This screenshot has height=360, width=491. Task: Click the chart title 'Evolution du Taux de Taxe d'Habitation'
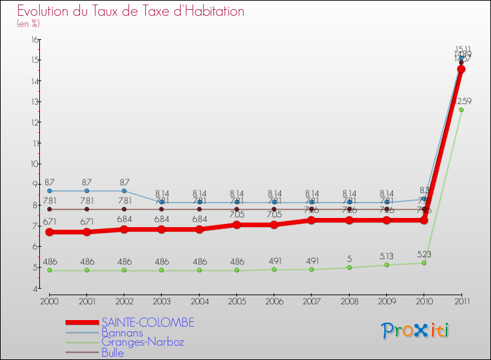click(131, 12)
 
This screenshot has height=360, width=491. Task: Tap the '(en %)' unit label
click(28, 24)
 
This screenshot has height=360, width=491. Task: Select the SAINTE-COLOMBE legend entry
click(147, 323)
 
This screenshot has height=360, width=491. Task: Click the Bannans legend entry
click(122, 333)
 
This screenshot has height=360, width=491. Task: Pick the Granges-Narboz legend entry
click(143, 342)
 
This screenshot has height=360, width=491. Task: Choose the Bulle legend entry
click(112, 353)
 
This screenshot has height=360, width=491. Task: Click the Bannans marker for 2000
click(49, 190)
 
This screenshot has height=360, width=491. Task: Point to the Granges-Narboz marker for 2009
click(386, 264)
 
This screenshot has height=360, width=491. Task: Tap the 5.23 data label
click(424, 254)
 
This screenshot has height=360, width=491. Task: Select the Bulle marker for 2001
click(86, 209)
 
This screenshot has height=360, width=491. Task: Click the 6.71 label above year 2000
click(50, 223)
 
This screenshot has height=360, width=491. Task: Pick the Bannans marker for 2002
click(124, 190)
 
